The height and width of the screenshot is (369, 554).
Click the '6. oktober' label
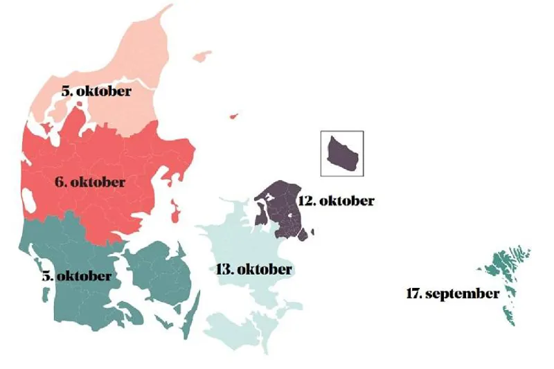coord(90,183)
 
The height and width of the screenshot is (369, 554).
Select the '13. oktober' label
coord(255,269)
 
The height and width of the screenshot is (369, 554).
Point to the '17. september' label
coord(452,294)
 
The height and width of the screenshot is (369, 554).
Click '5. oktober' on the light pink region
coord(96,91)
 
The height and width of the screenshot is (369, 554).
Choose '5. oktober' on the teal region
coord(75,276)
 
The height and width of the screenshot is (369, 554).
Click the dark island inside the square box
coord(343,153)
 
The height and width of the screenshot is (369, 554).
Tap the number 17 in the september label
coord(413,294)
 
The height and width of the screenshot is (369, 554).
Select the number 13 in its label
coord(224,269)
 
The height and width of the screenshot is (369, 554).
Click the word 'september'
coord(463,294)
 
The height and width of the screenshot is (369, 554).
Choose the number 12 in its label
coord(305,201)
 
